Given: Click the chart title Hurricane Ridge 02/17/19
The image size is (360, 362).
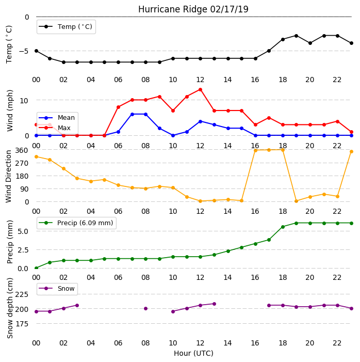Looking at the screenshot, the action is click(193, 9).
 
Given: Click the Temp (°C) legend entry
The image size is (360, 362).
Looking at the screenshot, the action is click(66, 27).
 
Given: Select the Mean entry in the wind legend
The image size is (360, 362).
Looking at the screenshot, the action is click(57, 118).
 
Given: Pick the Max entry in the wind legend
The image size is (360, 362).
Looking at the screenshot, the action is click(55, 128).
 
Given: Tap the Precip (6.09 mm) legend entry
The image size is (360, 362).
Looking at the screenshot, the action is click(76, 223).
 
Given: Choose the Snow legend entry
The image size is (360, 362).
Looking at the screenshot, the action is click(57, 289).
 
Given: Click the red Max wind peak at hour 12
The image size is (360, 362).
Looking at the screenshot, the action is click(201, 89).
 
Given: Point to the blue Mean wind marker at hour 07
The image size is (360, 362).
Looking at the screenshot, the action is click(132, 114).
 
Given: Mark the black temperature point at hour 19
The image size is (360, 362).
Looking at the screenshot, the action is click(297, 36).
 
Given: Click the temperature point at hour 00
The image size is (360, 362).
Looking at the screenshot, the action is click(36, 51).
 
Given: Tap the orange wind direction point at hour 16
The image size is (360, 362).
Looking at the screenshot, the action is click(255, 150).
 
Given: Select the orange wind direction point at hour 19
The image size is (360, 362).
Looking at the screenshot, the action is click(297, 201).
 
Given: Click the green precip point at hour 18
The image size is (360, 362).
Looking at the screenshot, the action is click(283, 227).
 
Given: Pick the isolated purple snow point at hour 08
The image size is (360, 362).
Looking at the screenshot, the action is click(146, 308).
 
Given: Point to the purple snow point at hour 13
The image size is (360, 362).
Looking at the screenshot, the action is click(214, 304).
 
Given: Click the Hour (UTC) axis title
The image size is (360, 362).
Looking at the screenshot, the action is click(193, 353).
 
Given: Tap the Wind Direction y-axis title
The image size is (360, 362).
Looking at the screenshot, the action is click(9, 177).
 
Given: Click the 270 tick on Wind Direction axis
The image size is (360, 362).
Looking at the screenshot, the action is click(22, 163).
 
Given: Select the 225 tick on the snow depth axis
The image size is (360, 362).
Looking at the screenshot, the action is click(22, 294).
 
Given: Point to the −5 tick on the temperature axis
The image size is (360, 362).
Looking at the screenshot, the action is click(23, 51).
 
